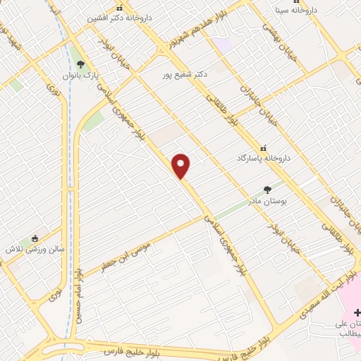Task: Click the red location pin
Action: pyautogui.click(x=182, y=166)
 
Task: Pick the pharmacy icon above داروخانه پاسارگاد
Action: pyautogui.click(x=264, y=149)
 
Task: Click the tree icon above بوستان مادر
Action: pyautogui.click(x=267, y=189)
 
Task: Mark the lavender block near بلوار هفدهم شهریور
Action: pyautogui.click(x=223, y=44)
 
